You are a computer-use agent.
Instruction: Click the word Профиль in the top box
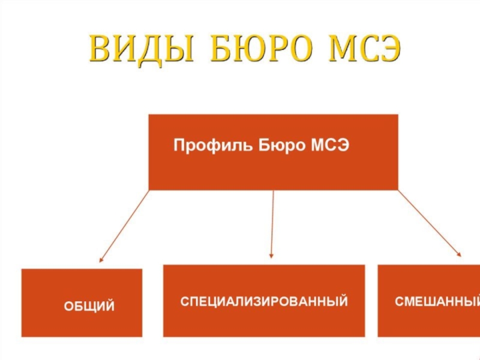(x=214, y=146)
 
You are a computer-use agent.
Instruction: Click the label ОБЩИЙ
(x=89, y=307)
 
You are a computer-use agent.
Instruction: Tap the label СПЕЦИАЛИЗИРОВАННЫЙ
(x=264, y=301)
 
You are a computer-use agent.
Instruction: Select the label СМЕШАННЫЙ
(x=437, y=301)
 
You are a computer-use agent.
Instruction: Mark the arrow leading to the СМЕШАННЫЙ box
(x=429, y=224)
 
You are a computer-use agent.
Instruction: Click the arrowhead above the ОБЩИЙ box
(x=101, y=260)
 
